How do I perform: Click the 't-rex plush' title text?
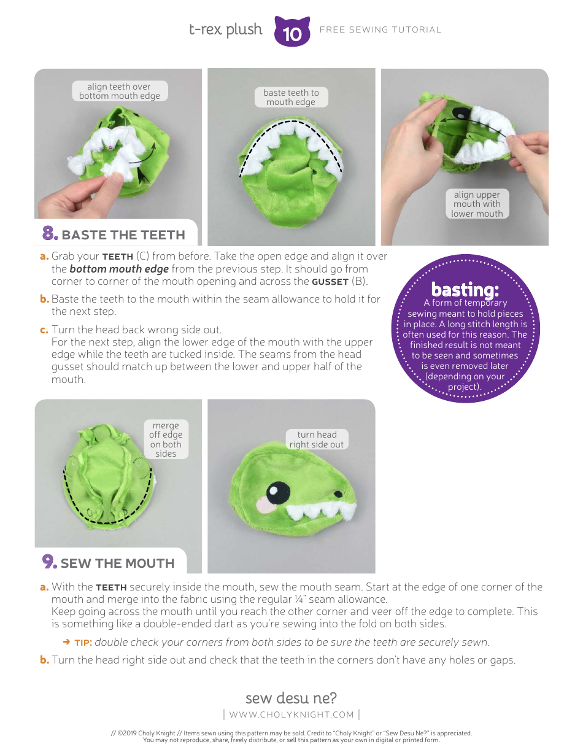pyautogui.click(x=225, y=29)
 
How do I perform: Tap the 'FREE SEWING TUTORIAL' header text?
pyautogui.click(x=380, y=29)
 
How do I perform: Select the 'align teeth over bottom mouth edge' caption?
pyautogui.click(x=119, y=91)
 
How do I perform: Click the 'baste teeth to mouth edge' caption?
pyautogui.click(x=291, y=97)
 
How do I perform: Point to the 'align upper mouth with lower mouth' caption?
pyautogui.click(x=477, y=204)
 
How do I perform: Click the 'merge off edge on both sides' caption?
pyautogui.click(x=166, y=439)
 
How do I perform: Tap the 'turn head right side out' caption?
pyautogui.click(x=317, y=439)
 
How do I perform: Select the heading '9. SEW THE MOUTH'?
pyautogui.click(x=109, y=563)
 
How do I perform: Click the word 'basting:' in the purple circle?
pyautogui.click(x=465, y=288)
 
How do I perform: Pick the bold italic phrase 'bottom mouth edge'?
pyautogui.click(x=118, y=269)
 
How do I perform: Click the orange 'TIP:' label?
pyautogui.click(x=83, y=643)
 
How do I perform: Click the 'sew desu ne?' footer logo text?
pyautogui.click(x=291, y=698)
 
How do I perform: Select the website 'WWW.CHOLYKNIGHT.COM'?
pyautogui.click(x=291, y=714)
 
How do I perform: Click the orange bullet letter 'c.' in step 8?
pyautogui.click(x=44, y=330)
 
